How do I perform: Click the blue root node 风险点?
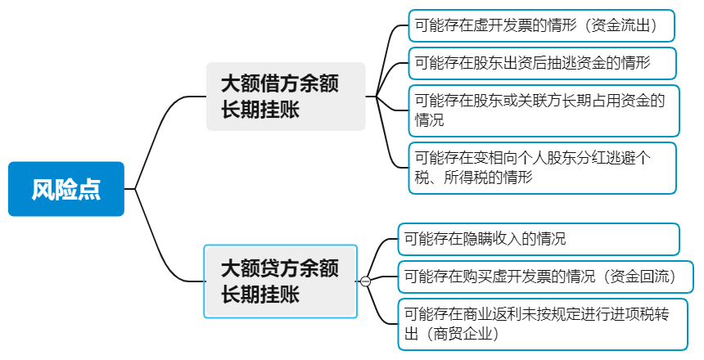[x=66, y=189]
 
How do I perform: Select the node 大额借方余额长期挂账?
[x=285, y=96]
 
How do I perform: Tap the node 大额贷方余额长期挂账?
[x=280, y=281]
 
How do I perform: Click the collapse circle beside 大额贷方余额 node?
[x=365, y=281]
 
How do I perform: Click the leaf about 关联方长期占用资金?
[x=544, y=110]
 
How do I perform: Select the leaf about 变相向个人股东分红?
[x=542, y=167]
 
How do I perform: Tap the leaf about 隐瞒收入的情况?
[x=538, y=240]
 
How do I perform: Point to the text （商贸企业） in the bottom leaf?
[x=460, y=334]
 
